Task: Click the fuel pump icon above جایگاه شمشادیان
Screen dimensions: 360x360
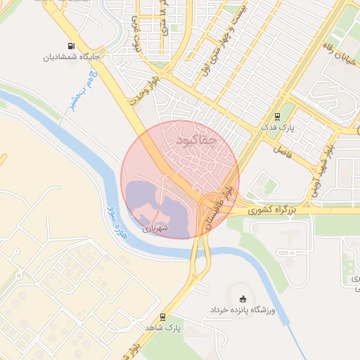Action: click(71, 46)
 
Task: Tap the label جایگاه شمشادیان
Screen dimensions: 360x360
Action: click(71, 57)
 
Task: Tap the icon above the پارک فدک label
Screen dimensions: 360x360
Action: click(277, 117)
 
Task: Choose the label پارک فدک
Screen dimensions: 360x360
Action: click(274, 128)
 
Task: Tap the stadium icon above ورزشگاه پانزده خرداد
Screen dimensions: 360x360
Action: click(243, 299)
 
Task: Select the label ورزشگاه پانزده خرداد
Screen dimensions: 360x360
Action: click(243, 309)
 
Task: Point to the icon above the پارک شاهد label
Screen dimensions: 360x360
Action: click(163, 317)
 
